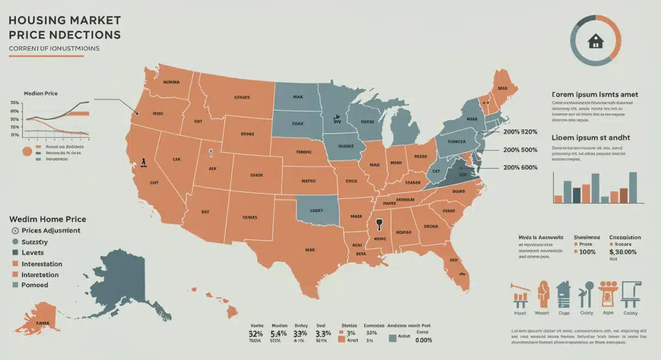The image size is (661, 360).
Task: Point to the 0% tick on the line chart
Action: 14,135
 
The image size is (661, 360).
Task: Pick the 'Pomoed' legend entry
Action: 35,285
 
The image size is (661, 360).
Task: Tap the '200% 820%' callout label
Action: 520,132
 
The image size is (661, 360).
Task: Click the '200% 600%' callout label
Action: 520,167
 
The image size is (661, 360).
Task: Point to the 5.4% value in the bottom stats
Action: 279,334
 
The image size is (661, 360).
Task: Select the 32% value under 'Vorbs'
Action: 256,334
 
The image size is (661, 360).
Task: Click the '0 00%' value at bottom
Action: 422,340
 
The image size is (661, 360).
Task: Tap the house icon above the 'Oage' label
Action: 562,294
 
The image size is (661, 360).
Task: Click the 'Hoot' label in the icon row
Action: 519,313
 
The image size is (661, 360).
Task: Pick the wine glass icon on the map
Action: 378,225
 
